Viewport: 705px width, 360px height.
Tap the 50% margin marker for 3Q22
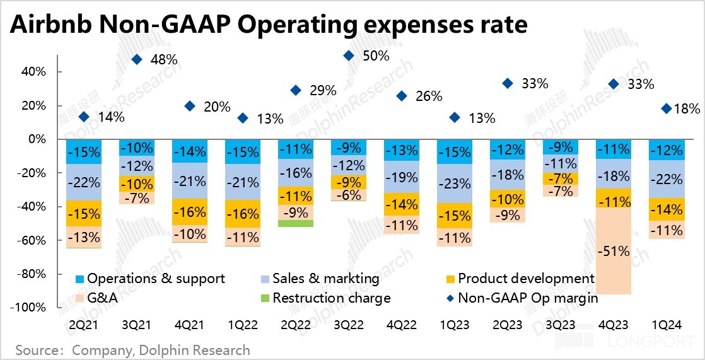click(349, 56)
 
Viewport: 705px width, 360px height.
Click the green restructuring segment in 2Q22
click(296, 223)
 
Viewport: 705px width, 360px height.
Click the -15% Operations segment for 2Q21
click(84, 152)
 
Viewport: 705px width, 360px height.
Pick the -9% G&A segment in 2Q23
click(508, 214)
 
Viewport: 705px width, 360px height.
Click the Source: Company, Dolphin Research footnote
click(132, 350)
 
